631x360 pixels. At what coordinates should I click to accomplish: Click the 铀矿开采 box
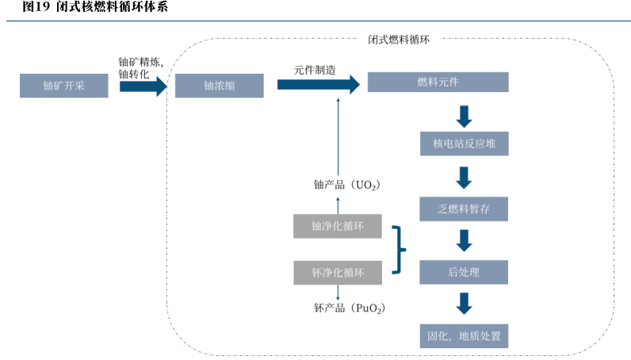[x=64, y=86]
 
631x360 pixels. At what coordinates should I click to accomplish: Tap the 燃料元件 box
[x=438, y=82]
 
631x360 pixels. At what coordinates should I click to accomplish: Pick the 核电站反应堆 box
[x=464, y=144]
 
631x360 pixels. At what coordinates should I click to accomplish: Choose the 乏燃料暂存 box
[x=464, y=209]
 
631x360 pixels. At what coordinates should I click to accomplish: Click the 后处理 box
[x=464, y=272]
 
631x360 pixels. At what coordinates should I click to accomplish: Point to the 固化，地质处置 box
[x=464, y=335]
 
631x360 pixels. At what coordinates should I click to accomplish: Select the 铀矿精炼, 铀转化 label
[x=140, y=67]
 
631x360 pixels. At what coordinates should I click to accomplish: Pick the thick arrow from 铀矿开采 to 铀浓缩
[x=143, y=86]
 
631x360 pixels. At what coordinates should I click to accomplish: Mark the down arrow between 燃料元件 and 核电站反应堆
[x=465, y=115]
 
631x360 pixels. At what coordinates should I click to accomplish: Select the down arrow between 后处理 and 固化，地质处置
[x=465, y=302]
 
